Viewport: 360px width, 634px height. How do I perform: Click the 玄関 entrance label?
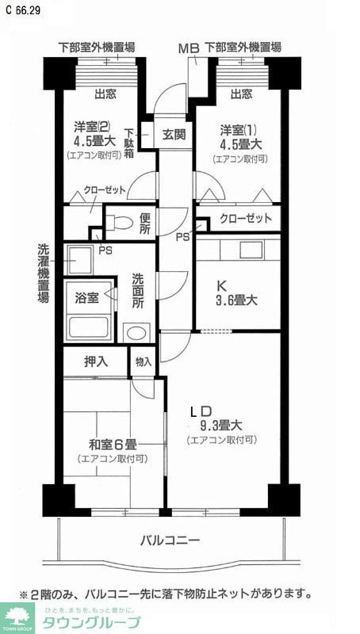click(x=174, y=134)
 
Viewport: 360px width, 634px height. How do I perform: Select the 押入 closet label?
click(x=96, y=361)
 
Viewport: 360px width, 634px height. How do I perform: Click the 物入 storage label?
click(x=144, y=361)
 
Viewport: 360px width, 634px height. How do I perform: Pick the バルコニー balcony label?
click(x=170, y=540)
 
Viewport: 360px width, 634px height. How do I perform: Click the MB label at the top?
click(x=188, y=48)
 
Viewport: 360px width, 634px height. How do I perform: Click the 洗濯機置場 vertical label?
click(x=44, y=273)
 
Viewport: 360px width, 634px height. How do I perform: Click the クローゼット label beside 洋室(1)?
click(x=246, y=218)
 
